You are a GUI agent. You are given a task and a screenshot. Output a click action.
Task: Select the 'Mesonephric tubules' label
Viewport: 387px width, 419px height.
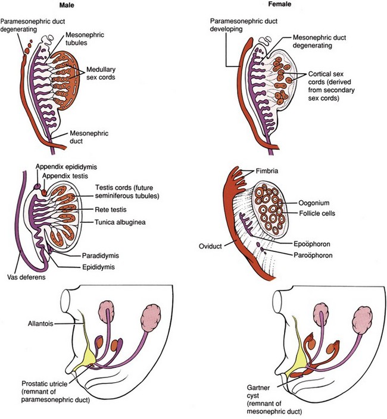point(85,39)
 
